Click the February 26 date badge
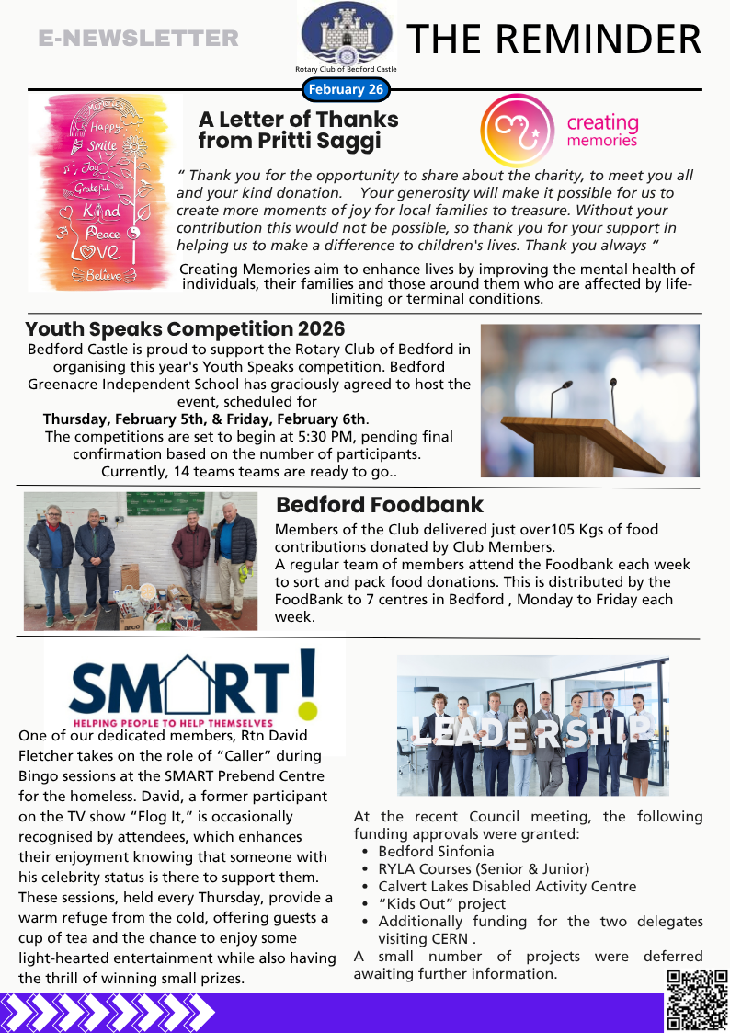click(x=346, y=89)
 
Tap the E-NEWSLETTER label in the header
click(x=139, y=39)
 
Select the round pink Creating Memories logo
click(x=518, y=130)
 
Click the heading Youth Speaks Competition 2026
click(x=185, y=329)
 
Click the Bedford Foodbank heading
click(x=380, y=505)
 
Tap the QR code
click(x=697, y=1000)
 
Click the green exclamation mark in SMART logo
click(x=309, y=681)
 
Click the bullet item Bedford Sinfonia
click(x=436, y=852)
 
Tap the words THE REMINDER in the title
click(x=554, y=39)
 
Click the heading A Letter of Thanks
click(x=298, y=120)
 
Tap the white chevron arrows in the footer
click(x=108, y=1013)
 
